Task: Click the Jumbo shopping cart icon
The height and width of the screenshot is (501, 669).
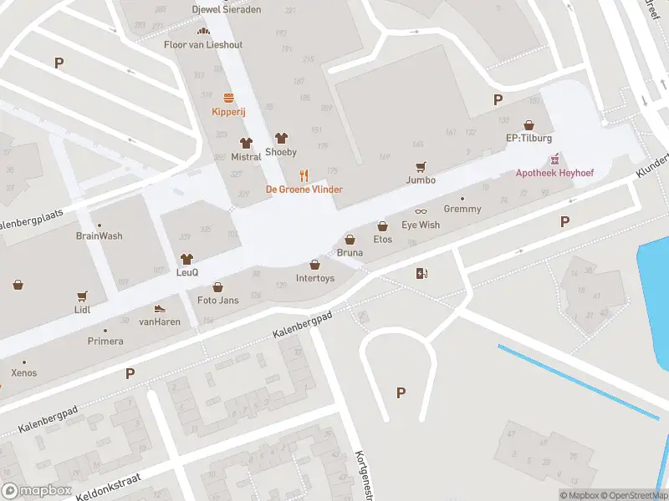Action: [x=421, y=166]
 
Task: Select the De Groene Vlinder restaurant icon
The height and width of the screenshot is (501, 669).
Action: [x=304, y=175]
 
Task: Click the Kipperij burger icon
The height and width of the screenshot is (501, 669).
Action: [x=227, y=98]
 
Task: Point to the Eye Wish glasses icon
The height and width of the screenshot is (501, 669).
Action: [x=421, y=211]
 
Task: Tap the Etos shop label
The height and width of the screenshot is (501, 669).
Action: [x=382, y=240]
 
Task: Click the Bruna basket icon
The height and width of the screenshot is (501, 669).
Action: [x=350, y=239]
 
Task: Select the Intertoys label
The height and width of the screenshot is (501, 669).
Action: [x=315, y=278]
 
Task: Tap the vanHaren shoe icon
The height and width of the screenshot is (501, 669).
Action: [x=160, y=308]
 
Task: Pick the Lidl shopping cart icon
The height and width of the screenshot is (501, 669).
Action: [x=82, y=296]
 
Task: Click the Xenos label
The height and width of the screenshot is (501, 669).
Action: [x=23, y=372]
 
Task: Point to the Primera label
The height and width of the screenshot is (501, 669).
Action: [x=105, y=341]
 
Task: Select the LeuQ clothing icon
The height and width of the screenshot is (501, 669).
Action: [x=186, y=259]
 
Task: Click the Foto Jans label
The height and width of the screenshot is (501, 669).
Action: [x=217, y=300]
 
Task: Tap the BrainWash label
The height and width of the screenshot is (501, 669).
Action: [x=99, y=235]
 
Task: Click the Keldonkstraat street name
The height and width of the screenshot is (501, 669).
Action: [x=107, y=485]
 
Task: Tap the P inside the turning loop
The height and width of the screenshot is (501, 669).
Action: [x=401, y=392]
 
